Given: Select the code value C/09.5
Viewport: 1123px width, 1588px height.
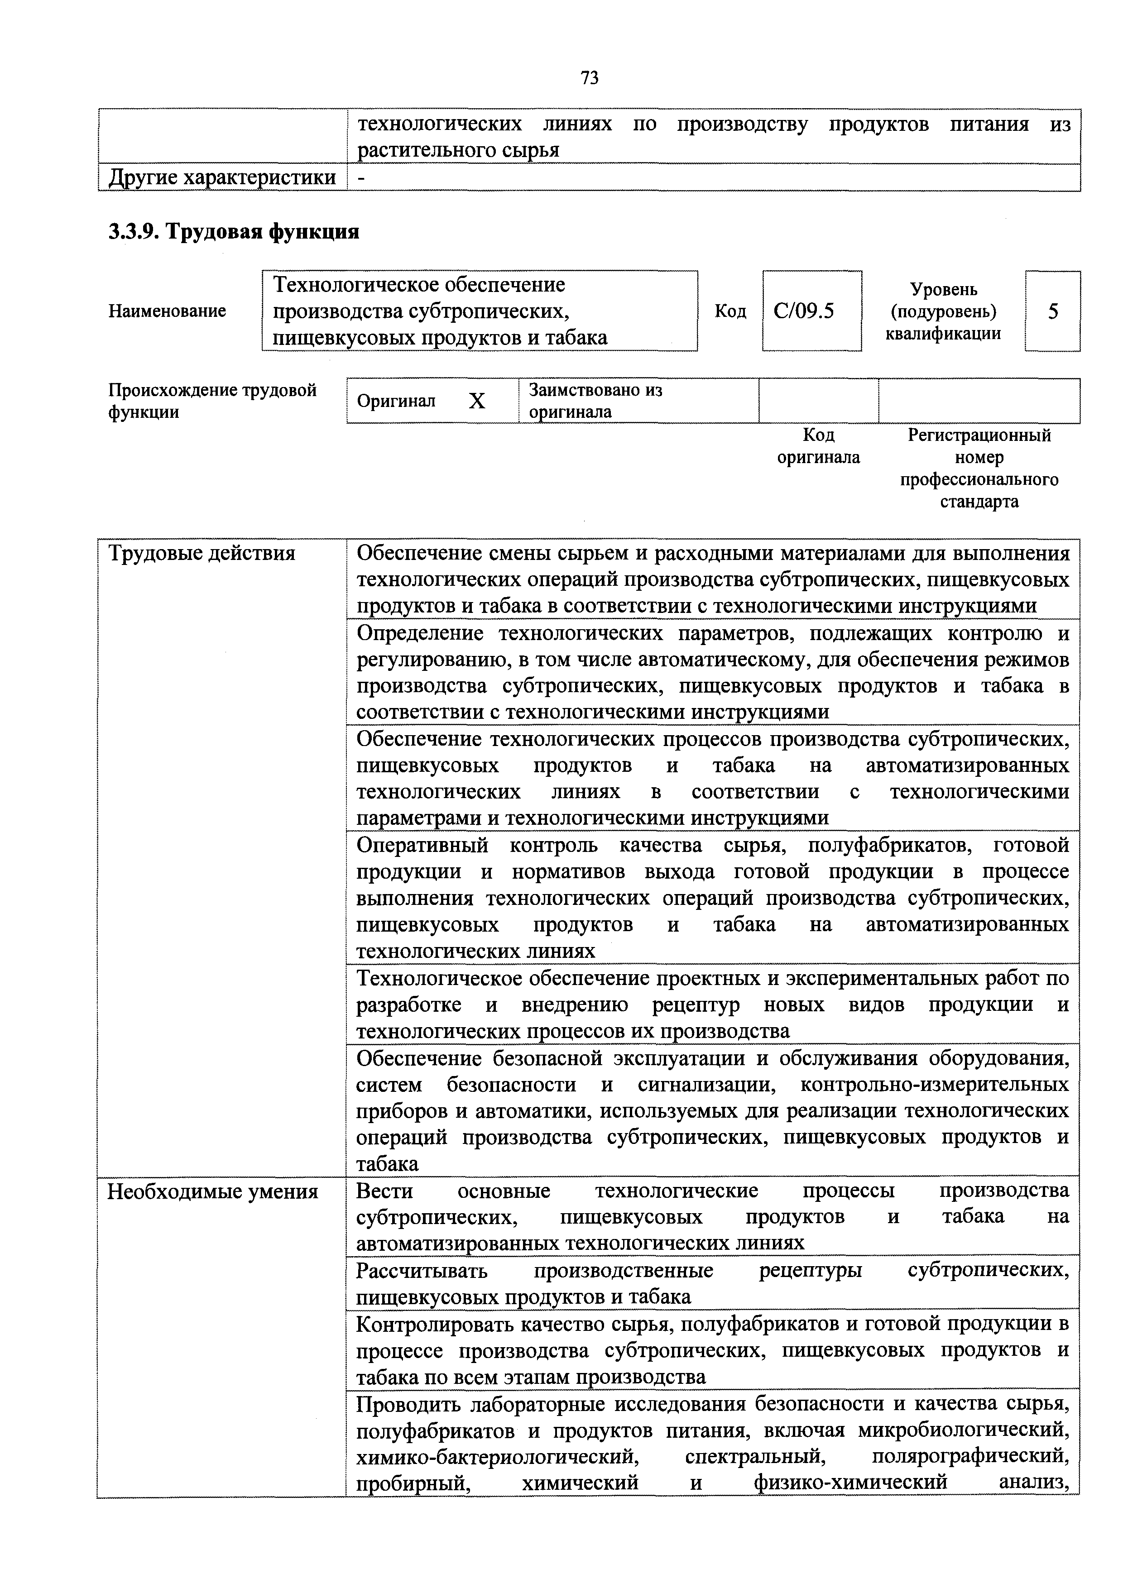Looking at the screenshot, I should pos(804,311).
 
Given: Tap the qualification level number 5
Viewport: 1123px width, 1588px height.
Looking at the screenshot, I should pos(1052,312).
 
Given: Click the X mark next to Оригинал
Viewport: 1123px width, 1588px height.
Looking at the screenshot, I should pos(477,401).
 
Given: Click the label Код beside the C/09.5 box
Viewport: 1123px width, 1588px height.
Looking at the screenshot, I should pos(730,312).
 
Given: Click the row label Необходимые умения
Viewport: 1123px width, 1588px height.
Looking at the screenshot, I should pos(212,1192).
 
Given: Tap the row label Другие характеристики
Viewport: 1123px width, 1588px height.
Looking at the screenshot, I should pos(222,178).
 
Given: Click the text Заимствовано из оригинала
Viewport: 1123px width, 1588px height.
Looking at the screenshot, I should pos(595,401).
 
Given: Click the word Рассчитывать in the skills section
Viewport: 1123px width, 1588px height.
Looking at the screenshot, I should pos(422,1271).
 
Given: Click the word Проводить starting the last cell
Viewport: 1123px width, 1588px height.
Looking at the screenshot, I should pos(408,1404).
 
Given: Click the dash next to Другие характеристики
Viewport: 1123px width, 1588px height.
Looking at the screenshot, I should pos(360,178).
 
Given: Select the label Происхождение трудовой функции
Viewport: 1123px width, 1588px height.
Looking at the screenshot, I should pos(212,401).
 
